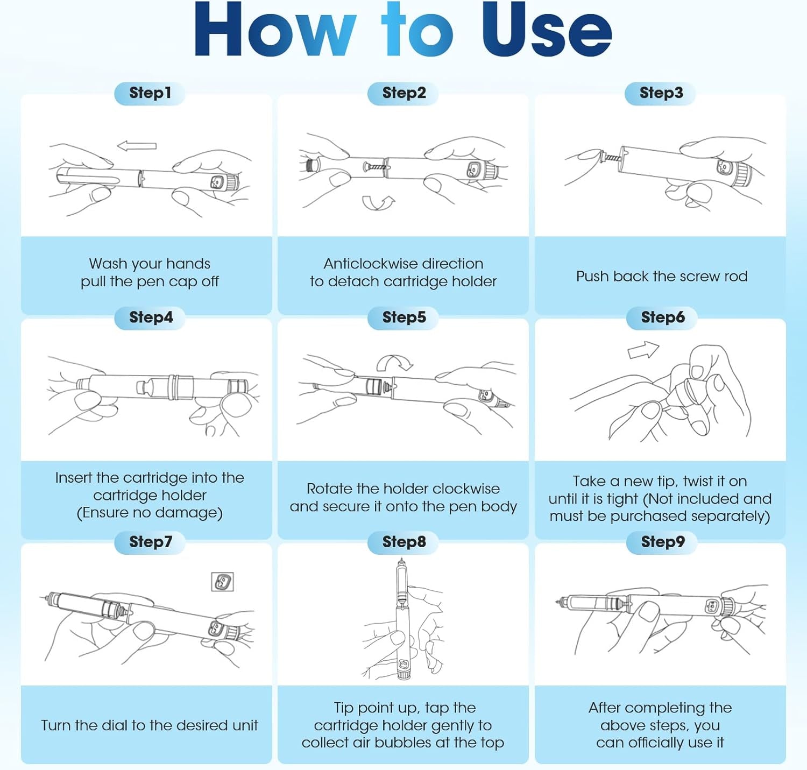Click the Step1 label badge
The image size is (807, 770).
tap(150, 93)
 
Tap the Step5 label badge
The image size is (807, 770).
tap(404, 317)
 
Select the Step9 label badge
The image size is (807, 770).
tap(662, 542)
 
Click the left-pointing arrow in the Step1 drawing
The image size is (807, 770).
tap(137, 145)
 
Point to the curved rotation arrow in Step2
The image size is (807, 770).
tap(378, 203)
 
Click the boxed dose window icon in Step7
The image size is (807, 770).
tap(223, 582)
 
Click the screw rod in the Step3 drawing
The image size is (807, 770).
tap(611, 157)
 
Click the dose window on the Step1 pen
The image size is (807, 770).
tap(216, 182)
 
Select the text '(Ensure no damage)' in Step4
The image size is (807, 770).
tap(150, 513)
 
